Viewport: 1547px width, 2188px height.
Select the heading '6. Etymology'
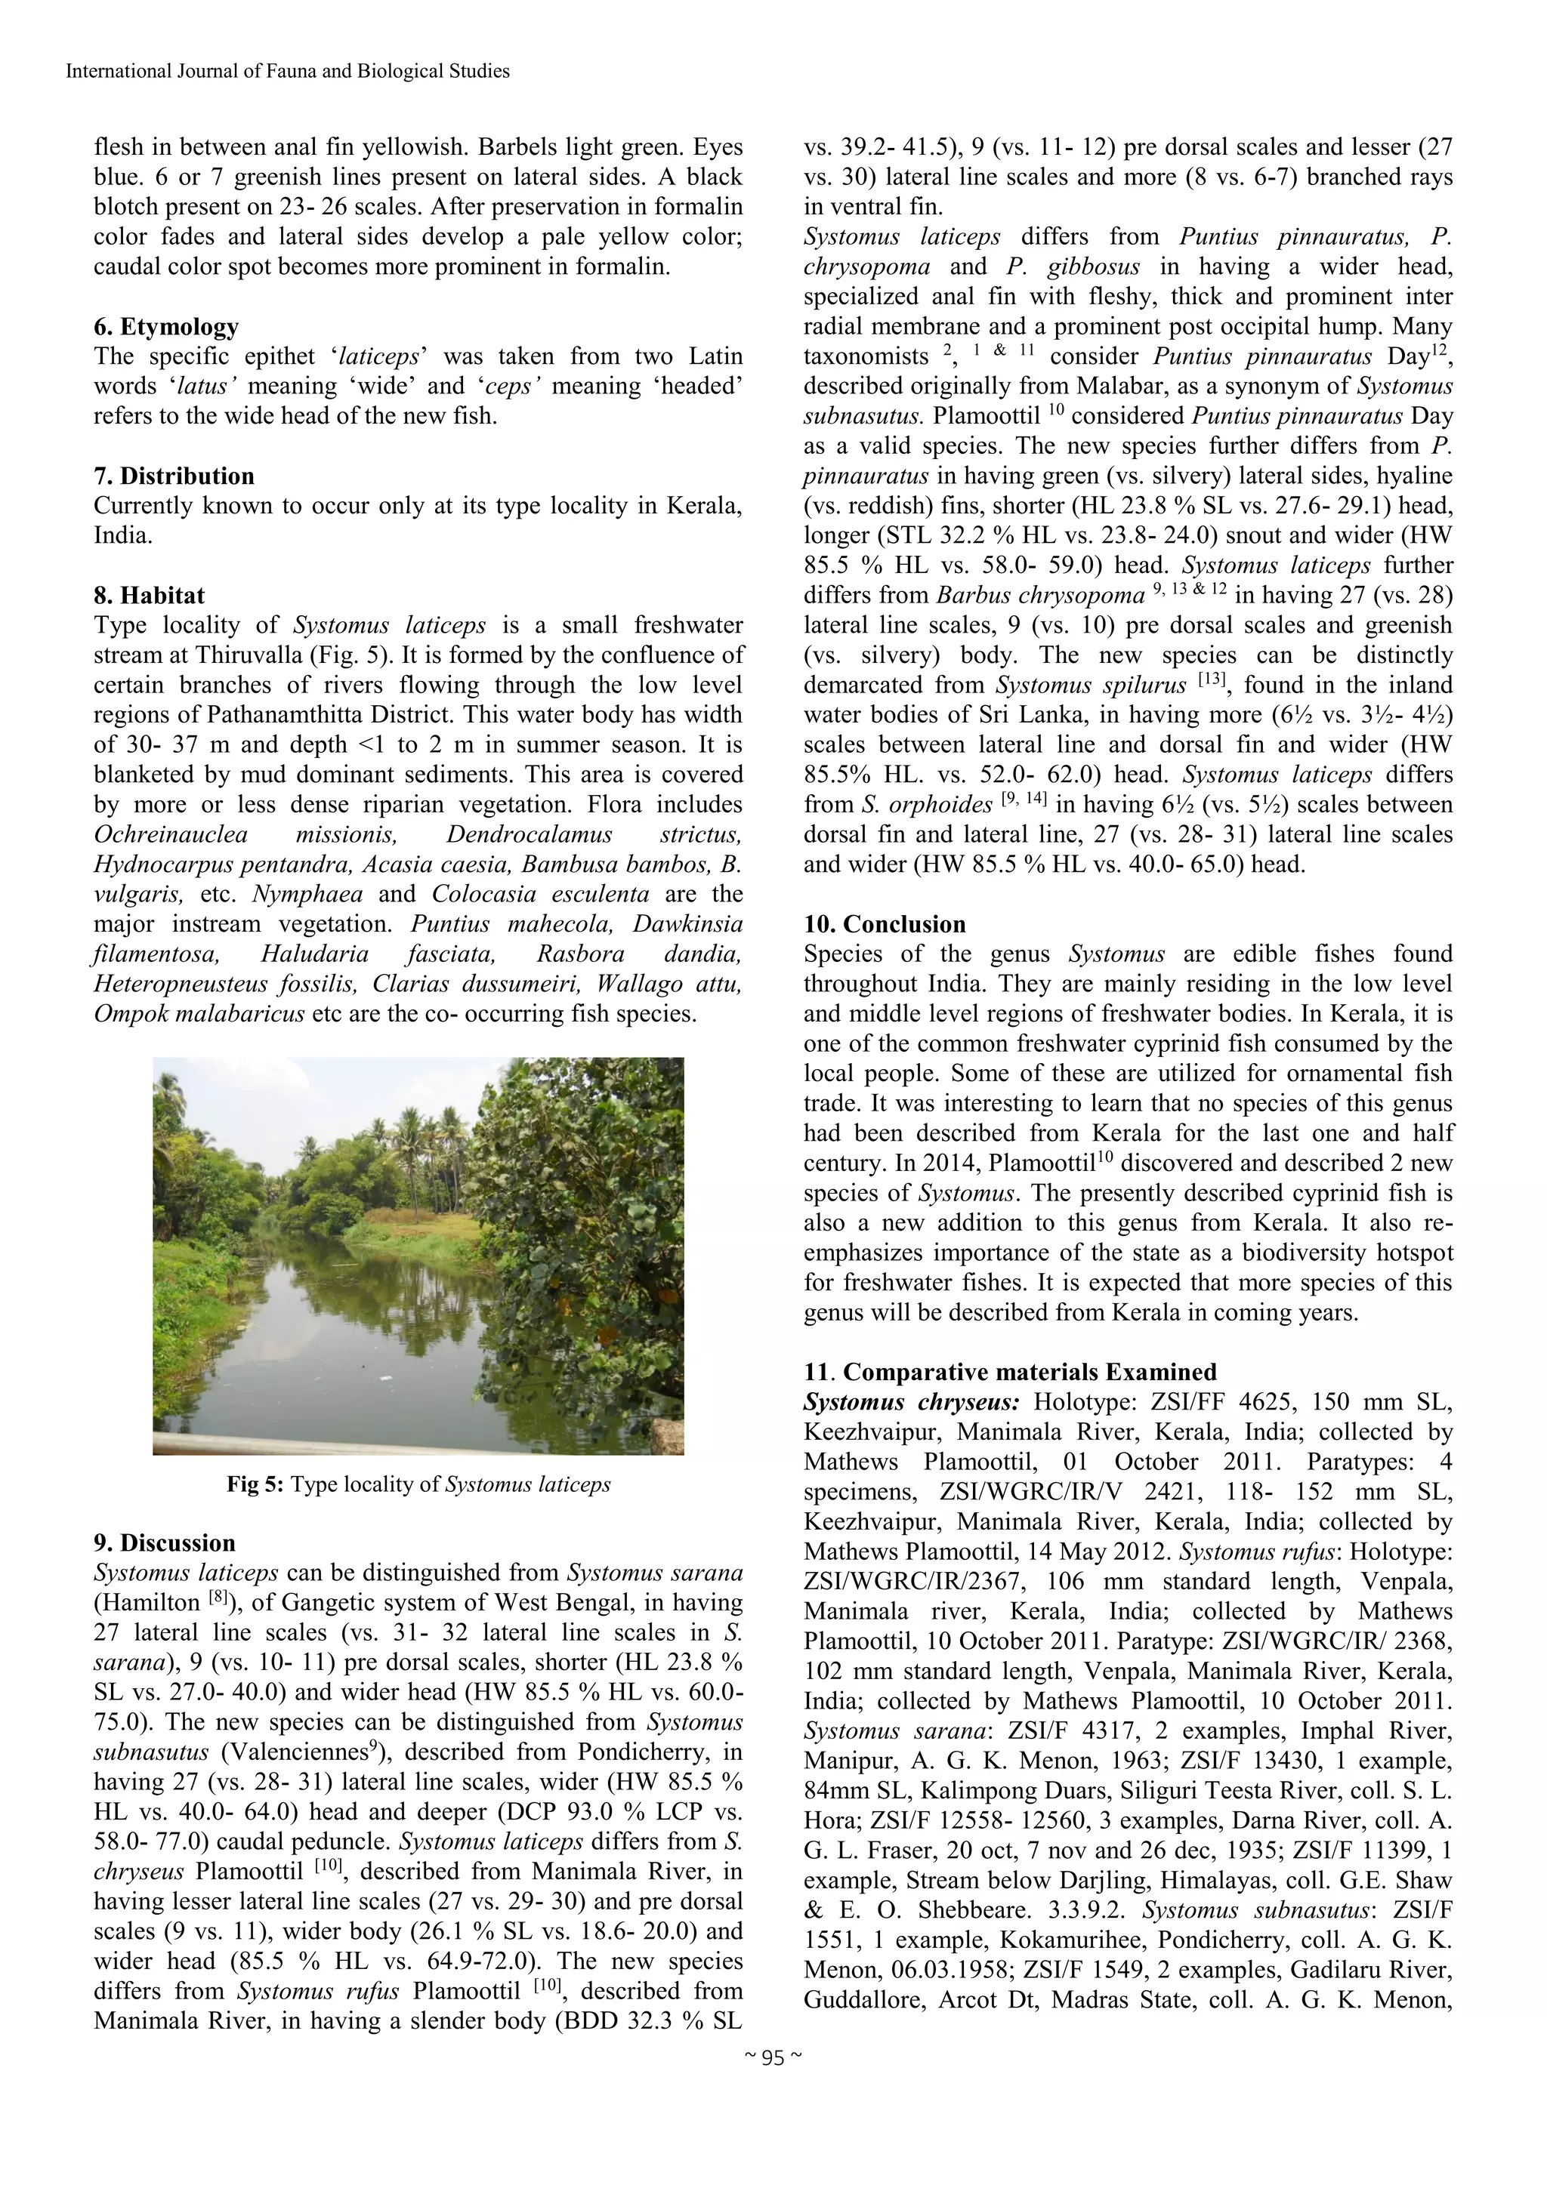pyautogui.click(x=166, y=327)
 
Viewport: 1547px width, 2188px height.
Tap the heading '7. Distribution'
pyautogui.click(x=174, y=476)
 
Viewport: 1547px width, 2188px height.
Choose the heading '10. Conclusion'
pyautogui.click(x=885, y=924)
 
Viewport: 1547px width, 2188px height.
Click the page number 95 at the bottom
pyautogui.click(x=773, y=2060)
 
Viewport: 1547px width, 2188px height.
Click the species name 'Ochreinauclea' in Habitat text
pyautogui.click(x=171, y=835)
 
